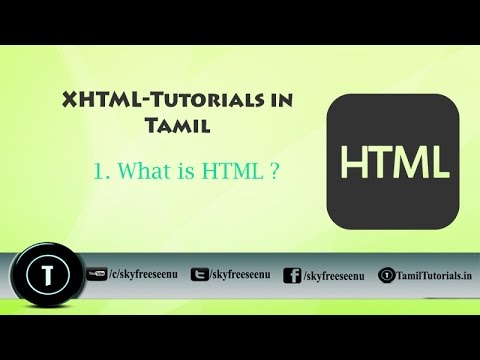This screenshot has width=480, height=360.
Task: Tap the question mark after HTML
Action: click(x=271, y=171)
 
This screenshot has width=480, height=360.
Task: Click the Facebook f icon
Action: click(x=293, y=275)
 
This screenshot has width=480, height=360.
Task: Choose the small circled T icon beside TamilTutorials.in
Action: click(x=387, y=275)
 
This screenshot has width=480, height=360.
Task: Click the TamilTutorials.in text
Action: click(x=433, y=275)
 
